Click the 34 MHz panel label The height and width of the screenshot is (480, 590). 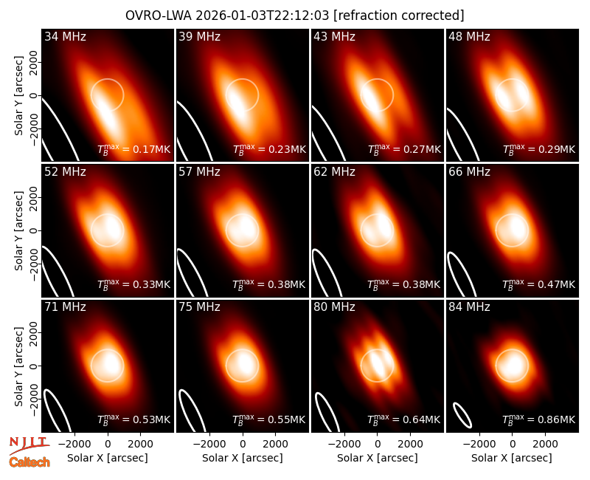point(65,36)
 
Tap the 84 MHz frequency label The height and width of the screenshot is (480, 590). point(469,307)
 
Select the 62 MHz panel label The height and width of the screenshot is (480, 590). point(334,172)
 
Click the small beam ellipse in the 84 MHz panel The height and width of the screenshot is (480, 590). point(462,415)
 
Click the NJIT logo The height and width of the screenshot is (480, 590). point(29,445)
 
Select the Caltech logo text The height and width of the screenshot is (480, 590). point(29,462)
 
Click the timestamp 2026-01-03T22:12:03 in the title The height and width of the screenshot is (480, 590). point(263,16)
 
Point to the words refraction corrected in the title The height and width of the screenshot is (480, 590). point(399,16)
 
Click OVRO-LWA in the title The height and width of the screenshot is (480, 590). point(159,16)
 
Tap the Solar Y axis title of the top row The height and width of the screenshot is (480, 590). point(18,96)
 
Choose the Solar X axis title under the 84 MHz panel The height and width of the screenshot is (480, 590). point(512,458)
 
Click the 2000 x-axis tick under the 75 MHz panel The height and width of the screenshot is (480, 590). point(275,444)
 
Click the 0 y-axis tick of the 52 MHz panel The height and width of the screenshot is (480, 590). point(34,230)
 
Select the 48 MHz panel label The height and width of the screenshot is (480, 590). point(469,36)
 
